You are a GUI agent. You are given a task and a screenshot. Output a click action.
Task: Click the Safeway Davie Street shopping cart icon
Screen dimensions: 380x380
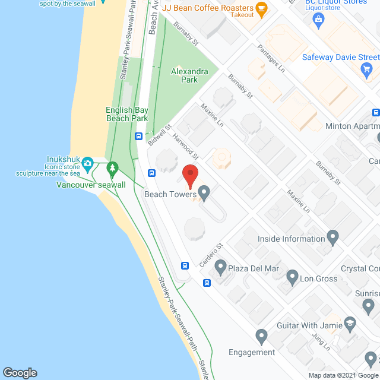[x=366, y=70]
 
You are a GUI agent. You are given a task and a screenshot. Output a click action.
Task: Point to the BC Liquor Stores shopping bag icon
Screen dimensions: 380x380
[x=318, y=20]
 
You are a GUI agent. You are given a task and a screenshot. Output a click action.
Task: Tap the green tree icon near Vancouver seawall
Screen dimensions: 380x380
[x=112, y=169]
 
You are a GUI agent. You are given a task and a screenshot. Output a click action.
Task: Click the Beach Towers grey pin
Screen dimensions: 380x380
[x=204, y=192]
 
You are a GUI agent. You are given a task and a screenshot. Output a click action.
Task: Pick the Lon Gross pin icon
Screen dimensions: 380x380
[x=292, y=277]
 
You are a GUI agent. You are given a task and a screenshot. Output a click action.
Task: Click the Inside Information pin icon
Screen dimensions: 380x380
[x=332, y=239]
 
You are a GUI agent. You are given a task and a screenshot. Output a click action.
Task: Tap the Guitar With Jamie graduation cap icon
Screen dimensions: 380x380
[x=350, y=324]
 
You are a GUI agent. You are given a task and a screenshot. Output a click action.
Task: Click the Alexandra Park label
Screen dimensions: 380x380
[x=189, y=75]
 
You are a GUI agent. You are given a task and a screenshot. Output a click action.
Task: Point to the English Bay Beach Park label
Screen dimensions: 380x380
[x=126, y=114]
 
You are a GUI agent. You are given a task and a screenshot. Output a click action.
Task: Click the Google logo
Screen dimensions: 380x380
[x=19, y=372]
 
